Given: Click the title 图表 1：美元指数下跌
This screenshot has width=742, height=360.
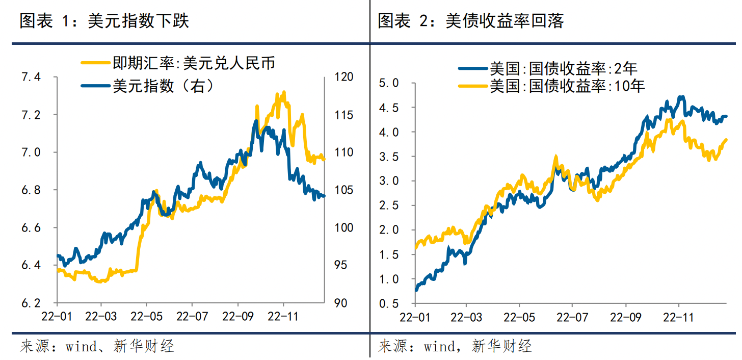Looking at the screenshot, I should point(104,21).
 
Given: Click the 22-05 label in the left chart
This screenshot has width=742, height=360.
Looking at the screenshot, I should point(146,317).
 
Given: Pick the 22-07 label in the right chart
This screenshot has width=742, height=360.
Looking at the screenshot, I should point(572,317).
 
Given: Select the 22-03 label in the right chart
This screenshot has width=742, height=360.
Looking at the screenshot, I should point(467,317).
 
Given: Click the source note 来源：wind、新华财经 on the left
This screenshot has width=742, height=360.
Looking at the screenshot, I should point(97,347).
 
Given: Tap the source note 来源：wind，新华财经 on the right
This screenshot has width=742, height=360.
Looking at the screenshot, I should point(455,347).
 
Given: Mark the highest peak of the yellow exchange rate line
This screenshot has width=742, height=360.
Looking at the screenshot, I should point(283,92).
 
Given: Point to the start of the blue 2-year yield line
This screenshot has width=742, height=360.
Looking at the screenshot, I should point(416,290).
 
